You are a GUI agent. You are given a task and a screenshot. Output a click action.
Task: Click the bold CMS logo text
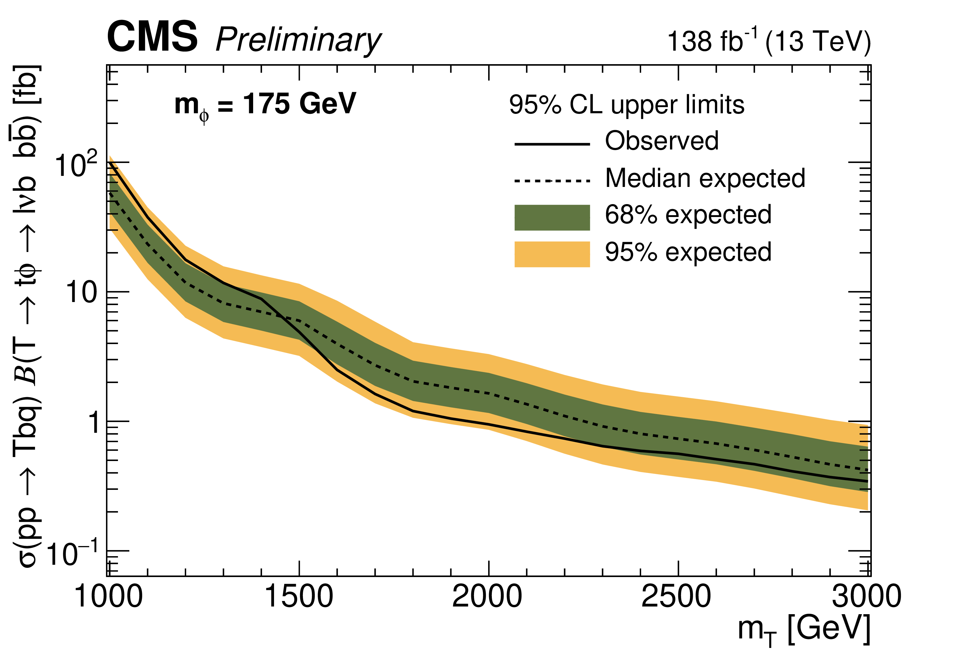[x=152, y=37]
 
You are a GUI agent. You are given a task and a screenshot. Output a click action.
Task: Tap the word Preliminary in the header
[x=298, y=41]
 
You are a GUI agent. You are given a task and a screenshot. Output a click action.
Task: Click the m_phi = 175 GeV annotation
[x=265, y=105]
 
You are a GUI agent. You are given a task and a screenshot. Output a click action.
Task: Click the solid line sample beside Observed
[x=552, y=144]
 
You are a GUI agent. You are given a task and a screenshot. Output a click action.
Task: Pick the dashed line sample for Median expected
[x=552, y=180]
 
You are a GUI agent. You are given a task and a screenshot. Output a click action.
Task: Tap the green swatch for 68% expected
[x=552, y=217]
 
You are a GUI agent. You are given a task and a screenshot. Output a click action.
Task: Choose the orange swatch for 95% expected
[x=552, y=254]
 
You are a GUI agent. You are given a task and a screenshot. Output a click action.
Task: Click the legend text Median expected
[x=705, y=178]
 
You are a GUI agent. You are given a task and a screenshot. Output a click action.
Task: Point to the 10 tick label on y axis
[x=81, y=292]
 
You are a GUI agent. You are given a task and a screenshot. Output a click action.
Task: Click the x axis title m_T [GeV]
[x=804, y=630]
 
